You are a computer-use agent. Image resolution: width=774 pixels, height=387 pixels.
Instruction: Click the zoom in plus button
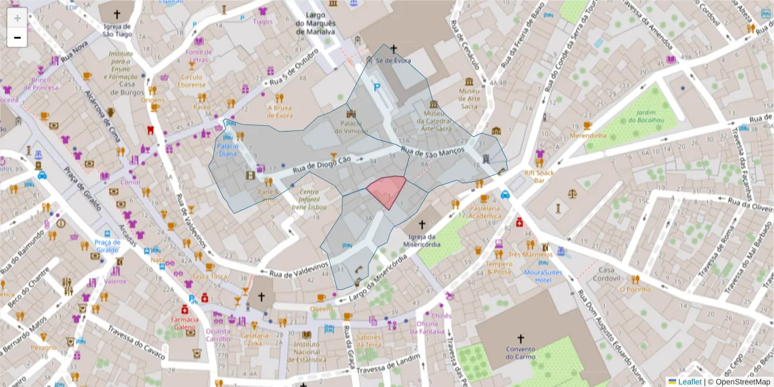[x=17, y=18]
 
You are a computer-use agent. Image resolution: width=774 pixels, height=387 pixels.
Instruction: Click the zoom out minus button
[x=17, y=37]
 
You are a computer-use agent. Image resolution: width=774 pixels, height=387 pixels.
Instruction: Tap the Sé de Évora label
[x=393, y=61]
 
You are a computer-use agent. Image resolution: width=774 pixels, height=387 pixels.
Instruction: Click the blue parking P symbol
[x=378, y=86]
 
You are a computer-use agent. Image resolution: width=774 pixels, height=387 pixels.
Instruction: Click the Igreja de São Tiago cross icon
[x=117, y=14]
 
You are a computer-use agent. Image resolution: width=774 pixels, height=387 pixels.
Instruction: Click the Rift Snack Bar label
[x=539, y=177]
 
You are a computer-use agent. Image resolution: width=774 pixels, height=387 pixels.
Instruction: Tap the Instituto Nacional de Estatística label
[x=306, y=352]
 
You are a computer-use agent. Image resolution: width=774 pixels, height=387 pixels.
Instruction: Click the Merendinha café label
[x=588, y=136]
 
